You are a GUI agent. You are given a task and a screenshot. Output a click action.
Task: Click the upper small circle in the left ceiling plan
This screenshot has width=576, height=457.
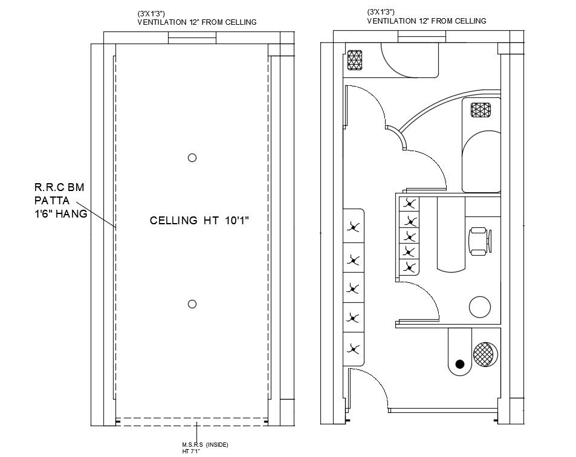point(192,158)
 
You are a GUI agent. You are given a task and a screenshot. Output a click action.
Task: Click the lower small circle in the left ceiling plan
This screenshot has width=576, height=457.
point(192,304)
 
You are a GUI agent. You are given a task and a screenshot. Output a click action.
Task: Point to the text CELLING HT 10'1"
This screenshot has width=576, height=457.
point(199,221)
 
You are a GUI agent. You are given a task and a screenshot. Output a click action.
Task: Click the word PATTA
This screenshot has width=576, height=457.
point(52,201)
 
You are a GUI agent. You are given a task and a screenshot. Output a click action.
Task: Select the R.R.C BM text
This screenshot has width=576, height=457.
point(59,187)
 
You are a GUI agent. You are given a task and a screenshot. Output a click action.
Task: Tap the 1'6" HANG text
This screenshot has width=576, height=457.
point(60,214)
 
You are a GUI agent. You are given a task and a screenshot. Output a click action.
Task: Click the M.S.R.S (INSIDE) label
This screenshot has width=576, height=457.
point(205,445)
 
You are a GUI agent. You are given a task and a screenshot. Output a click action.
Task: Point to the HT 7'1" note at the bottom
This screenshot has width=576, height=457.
point(191,452)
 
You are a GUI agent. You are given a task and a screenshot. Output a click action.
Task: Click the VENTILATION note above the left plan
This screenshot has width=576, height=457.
point(197,22)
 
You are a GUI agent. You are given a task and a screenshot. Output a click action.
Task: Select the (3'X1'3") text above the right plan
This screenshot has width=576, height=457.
point(381,12)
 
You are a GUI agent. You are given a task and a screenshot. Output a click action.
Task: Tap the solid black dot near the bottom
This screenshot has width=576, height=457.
point(460,364)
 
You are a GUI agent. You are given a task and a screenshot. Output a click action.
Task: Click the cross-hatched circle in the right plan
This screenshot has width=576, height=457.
point(485,354)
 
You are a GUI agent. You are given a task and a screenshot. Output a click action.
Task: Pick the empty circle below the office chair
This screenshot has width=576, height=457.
point(481,307)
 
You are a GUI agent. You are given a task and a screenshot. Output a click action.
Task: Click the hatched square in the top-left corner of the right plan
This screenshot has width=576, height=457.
point(355,60)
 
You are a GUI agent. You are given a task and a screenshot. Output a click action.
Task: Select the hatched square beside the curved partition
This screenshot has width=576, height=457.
point(481,110)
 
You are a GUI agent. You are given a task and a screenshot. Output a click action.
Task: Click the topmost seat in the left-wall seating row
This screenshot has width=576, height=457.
point(354,227)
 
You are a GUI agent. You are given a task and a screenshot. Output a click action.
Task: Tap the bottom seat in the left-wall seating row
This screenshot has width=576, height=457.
point(354,348)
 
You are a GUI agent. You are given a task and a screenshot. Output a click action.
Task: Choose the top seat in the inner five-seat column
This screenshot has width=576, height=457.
point(410,204)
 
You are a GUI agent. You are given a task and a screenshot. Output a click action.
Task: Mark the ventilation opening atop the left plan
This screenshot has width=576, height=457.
point(192,38)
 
